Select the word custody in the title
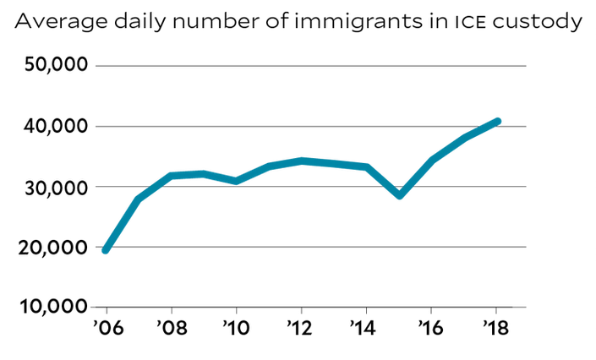pos(533,23)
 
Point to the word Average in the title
pos(56,22)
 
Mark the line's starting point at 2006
pos(106,250)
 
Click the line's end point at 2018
pos(497,121)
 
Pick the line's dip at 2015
pos(399,195)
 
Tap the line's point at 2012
pos(301,161)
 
